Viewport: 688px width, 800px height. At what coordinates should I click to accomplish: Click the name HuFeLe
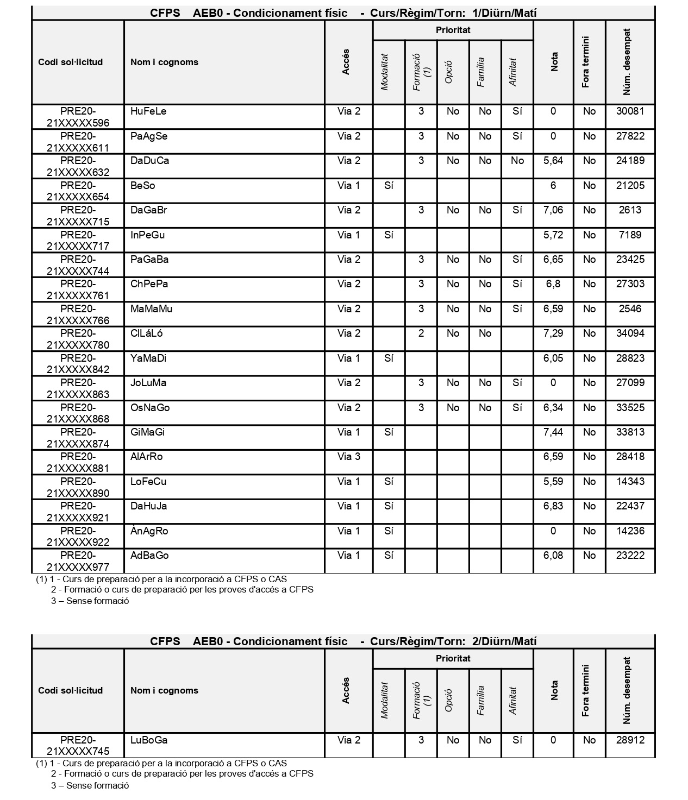(x=148, y=111)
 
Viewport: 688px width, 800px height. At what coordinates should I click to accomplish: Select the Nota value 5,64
(x=553, y=161)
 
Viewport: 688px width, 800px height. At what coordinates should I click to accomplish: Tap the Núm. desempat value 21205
(x=630, y=186)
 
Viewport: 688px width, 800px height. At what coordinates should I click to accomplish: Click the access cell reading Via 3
(x=348, y=457)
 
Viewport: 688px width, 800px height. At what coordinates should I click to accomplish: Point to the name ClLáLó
(x=146, y=333)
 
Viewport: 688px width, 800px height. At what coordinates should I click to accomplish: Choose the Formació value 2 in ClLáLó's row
(x=421, y=333)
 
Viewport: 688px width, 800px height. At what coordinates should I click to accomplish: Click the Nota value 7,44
(x=553, y=432)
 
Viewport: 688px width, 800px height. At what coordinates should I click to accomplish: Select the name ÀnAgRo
(x=149, y=531)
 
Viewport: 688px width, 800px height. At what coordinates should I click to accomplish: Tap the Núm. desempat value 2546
(x=630, y=309)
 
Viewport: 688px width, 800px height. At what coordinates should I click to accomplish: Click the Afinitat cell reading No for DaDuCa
(x=517, y=161)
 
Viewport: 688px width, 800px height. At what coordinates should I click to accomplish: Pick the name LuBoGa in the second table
(x=149, y=740)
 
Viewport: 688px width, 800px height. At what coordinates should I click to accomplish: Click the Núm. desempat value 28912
(x=630, y=740)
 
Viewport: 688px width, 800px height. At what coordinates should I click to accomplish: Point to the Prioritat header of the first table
(x=453, y=30)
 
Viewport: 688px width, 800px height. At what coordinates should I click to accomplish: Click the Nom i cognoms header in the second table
(x=164, y=691)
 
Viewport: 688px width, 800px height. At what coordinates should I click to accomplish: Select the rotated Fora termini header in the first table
(x=585, y=62)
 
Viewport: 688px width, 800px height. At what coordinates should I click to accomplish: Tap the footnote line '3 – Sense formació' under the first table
(x=90, y=601)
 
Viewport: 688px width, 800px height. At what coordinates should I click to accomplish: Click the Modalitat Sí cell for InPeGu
(x=389, y=235)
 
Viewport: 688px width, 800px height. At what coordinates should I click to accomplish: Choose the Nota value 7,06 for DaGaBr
(x=553, y=210)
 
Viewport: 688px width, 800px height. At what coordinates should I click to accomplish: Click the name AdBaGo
(x=149, y=556)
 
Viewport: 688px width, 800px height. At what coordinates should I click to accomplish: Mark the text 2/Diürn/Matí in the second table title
(x=504, y=641)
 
